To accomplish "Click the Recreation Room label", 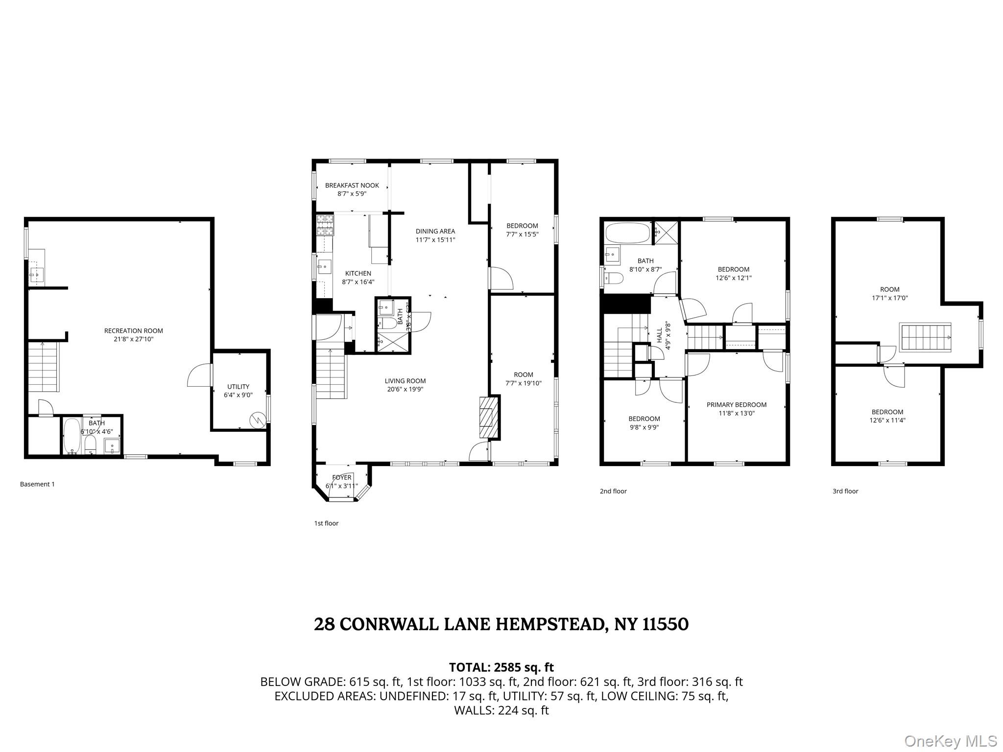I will pyautogui.click(x=133, y=330).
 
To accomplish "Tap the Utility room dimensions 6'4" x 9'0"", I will pyautogui.click(x=238, y=395).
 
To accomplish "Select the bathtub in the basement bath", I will pyautogui.click(x=72, y=436).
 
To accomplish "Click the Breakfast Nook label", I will pyautogui.click(x=352, y=186).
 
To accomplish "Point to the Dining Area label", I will pyautogui.click(x=435, y=231).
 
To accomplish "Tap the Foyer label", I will pyautogui.click(x=341, y=477).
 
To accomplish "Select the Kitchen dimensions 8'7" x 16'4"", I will pyautogui.click(x=358, y=282).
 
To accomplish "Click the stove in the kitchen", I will pyautogui.click(x=324, y=225).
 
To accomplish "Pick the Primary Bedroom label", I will pyautogui.click(x=736, y=404).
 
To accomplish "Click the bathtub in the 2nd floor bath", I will pyautogui.click(x=627, y=233).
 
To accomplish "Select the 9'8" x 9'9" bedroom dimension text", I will pyautogui.click(x=644, y=426).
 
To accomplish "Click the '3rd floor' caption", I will pyautogui.click(x=845, y=491).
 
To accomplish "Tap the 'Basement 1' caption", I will pyautogui.click(x=37, y=484).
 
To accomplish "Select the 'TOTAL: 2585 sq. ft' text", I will pyautogui.click(x=501, y=667).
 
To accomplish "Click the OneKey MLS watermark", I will pyautogui.click(x=950, y=741).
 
